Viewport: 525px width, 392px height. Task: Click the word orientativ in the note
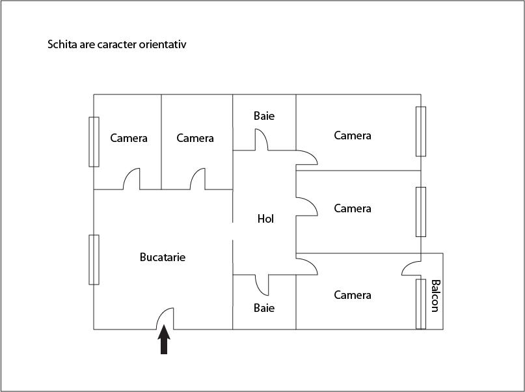click(163, 44)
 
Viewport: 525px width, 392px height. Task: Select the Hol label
click(265, 219)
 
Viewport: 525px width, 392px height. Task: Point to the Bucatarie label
click(163, 257)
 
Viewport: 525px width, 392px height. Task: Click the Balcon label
click(435, 296)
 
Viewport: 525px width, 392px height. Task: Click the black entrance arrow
click(164, 339)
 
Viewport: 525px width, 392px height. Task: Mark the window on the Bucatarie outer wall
click(94, 260)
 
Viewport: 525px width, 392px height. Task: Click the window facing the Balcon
click(421, 304)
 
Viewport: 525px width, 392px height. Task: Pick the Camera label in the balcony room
click(352, 295)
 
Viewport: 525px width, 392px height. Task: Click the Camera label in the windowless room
click(195, 138)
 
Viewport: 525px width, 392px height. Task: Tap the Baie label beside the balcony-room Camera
click(264, 308)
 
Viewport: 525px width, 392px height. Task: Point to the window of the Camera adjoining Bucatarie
click(94, 142)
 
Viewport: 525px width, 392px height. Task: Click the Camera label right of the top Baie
click(352, 135)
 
